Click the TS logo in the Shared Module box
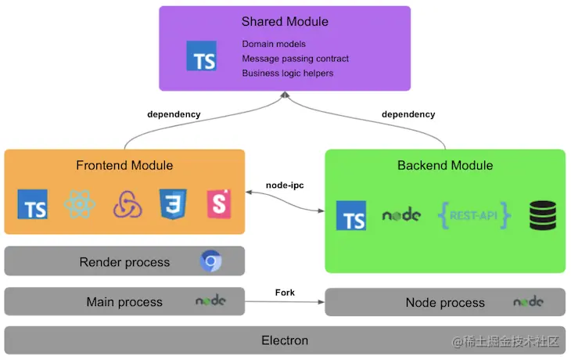coord(202,57)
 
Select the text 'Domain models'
coord(274,44)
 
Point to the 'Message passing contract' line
coord(295,59)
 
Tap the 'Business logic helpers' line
coord(287,73)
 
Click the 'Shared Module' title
coord(285,21)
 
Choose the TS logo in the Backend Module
coord(351,215)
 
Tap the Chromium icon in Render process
coord(210,261)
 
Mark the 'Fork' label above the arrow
coord(285,293)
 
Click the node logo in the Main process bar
coord(211,301)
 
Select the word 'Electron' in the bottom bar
coord(285,340)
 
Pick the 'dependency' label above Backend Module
coord(408,114)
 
